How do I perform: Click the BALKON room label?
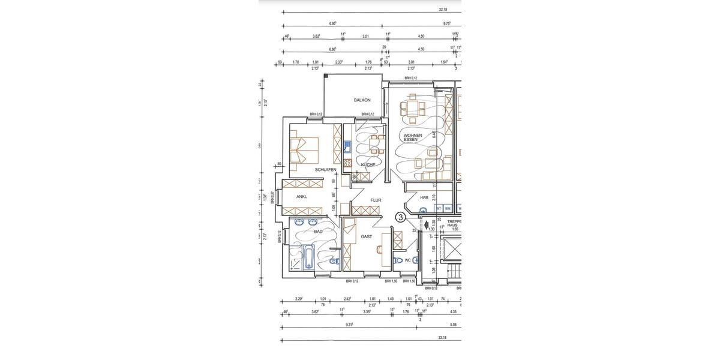tap(362, 100)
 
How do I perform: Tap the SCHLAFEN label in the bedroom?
tap(325, 170)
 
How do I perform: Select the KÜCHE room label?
tap(368, 164)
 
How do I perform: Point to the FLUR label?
tap(376, 200)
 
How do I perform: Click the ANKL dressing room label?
tap(301, 196)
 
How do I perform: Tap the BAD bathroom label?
tap(318, 232)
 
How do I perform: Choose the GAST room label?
tap(366, 236)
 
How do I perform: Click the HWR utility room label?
tap(424, 197)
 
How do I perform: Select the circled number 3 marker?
tap(400, 218)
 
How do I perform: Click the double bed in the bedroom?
tap(304, 151)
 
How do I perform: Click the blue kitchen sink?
tap(347, 146)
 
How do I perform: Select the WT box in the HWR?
tap(439, 208)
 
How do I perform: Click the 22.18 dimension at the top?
tap(443, 10)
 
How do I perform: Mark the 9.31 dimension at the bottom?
tap(349, 325)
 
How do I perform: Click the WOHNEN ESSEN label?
tap(413, 137)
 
